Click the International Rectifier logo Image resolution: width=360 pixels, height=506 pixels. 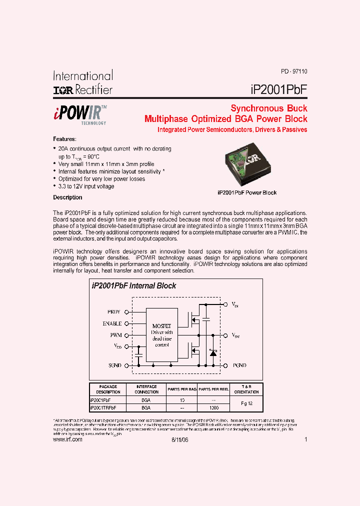click(x=83, y=82)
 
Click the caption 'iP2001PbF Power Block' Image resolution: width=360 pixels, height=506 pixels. click(x=247, y=192)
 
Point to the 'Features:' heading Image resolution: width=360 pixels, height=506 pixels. click(x=65, y=139)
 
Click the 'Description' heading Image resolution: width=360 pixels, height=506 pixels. click(x=67, y=197)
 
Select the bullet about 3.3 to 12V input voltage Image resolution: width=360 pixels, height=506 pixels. click(x=86, y=186)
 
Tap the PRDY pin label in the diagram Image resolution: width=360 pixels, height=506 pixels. click(x=114, y=311)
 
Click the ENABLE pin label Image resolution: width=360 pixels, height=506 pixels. click(x=112, y=323)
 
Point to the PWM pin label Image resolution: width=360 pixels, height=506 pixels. click(x=115, y=335)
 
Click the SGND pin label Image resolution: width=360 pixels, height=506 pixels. click(x=114, y=365)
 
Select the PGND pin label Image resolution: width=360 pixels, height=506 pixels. click(x=239, y=365)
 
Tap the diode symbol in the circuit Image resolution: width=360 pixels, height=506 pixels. click(x=212, y=353)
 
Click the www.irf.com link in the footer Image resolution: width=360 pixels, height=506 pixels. click(x=67, y=439)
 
